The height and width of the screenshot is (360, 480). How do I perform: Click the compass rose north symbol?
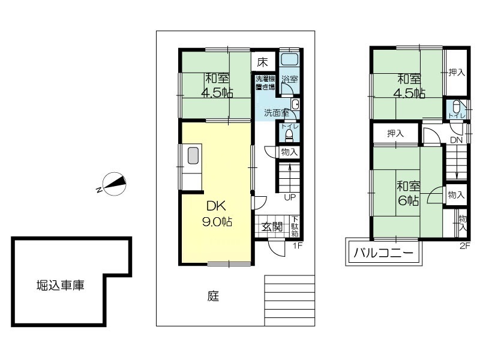[114, 184]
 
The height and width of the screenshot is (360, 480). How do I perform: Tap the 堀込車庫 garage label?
[61, 286]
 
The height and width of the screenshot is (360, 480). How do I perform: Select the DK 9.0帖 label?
[217, 214]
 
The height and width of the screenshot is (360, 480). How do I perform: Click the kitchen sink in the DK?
[193, 155]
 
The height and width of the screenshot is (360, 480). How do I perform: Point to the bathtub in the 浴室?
[289, 59]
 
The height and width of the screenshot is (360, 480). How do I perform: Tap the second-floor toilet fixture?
[456, 107]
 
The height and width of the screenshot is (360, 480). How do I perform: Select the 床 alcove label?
[262, 62]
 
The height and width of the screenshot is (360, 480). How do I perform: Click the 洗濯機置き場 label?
[265, 82]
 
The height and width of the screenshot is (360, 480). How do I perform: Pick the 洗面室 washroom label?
[277, 113]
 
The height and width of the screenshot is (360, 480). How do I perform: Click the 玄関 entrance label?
[272, 227]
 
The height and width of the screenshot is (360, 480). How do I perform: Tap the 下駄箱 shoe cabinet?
[295, 227]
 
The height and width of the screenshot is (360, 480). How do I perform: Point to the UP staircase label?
[290, 197]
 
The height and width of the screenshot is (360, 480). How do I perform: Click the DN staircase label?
[456, 140]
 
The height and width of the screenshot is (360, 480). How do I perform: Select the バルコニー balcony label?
[383, 253]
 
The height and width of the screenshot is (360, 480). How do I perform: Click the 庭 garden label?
[213, 296]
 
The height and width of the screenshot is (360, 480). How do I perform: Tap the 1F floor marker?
[298, 245]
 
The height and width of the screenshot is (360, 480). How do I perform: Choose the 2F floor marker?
[464, 246]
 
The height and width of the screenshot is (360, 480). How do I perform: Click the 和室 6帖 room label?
[409, 193]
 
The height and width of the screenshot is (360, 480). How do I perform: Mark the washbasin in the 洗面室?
[295, 104]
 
